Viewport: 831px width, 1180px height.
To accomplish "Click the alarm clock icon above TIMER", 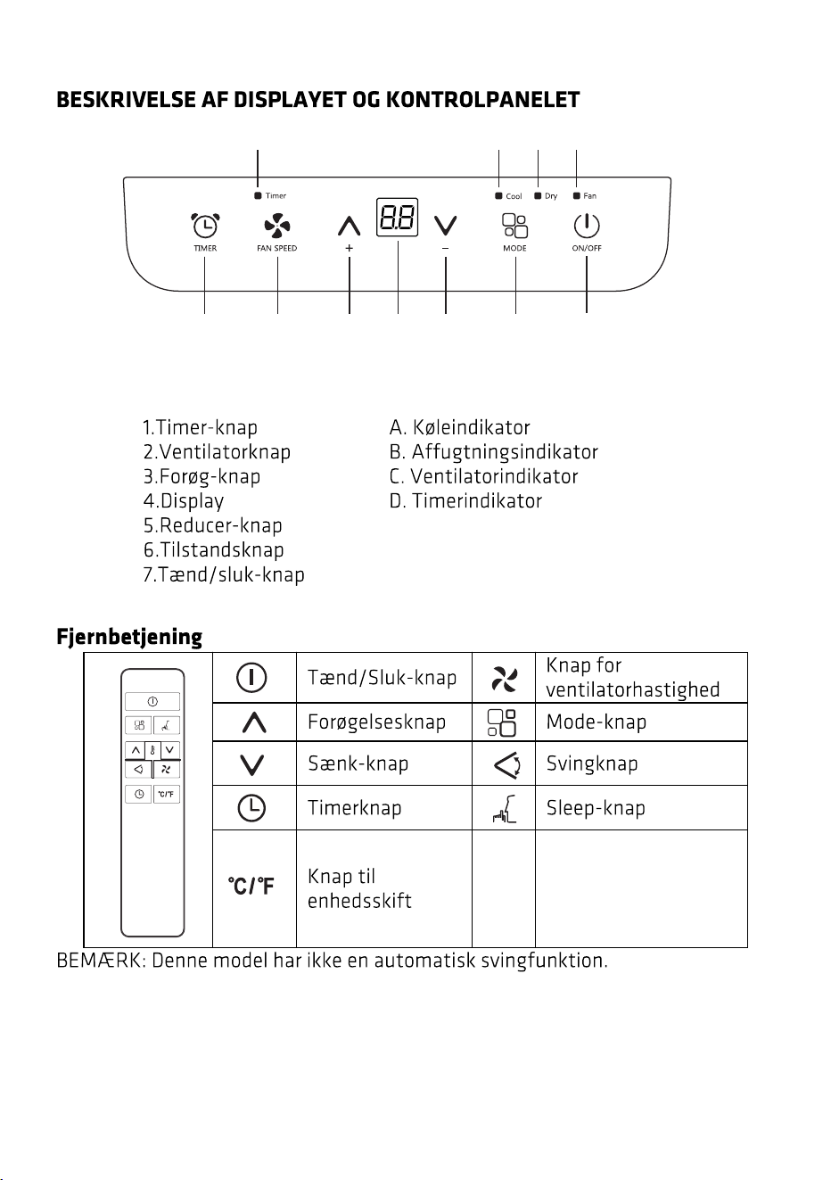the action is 205,226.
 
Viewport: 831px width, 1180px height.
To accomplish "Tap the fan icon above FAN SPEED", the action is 277,226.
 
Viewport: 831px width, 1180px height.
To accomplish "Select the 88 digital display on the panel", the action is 397,217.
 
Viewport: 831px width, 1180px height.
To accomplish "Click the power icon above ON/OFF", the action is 586,226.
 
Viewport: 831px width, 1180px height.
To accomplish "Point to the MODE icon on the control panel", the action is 514,226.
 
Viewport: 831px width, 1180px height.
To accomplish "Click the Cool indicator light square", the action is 498,196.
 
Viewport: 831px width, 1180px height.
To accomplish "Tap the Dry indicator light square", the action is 538,196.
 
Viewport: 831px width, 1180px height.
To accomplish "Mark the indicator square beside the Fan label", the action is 577,196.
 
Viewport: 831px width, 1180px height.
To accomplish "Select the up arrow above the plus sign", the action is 350,226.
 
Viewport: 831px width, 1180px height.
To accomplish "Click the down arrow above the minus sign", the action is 446,226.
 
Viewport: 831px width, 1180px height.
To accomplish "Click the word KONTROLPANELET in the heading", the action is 483,100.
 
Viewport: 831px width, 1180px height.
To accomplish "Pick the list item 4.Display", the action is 184,501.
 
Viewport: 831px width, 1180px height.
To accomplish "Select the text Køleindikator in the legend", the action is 471,427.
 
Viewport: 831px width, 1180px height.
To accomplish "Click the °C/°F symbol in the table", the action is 251,886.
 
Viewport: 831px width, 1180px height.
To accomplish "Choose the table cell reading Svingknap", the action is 591,763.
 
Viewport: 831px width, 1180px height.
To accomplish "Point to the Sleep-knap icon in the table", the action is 504,809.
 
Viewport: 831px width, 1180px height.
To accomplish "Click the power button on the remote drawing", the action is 152,701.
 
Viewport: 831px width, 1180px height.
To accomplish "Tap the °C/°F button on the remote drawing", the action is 167,794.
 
